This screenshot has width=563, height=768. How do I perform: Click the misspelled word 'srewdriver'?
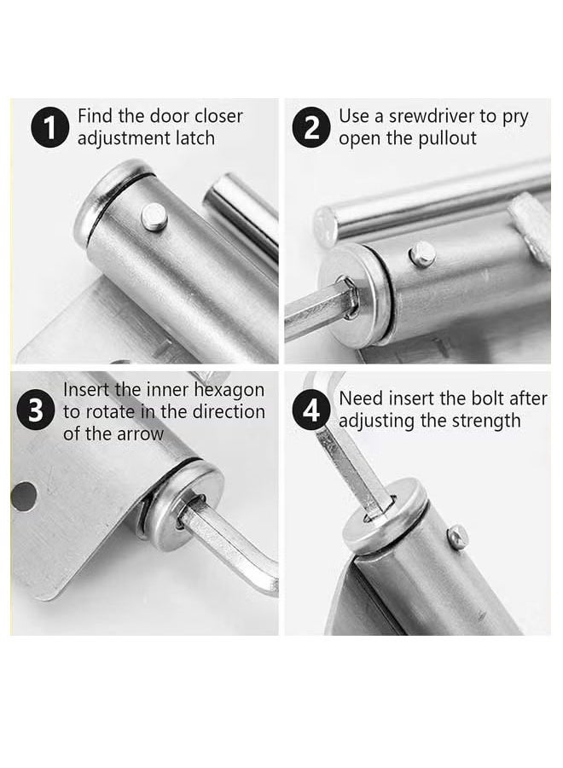[427, 116]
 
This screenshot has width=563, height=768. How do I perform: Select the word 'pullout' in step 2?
[446, 138]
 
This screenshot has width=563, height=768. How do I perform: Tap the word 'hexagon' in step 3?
[230, 390]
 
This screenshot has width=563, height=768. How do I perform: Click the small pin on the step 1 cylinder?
[154, 217]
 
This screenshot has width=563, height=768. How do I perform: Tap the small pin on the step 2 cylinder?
[421, 253]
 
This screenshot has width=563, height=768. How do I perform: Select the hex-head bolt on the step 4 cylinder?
[457, 537]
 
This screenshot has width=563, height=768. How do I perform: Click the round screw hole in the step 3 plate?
[23, 496]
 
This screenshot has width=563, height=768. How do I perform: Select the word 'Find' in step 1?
[95, 116]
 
